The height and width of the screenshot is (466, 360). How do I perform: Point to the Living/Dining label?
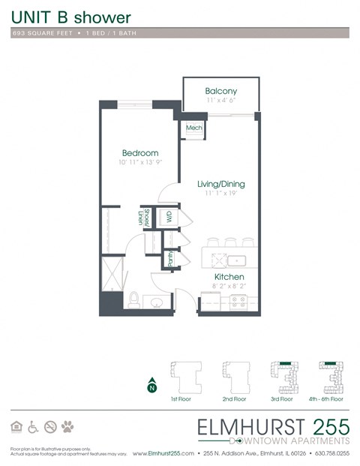coord(220,184)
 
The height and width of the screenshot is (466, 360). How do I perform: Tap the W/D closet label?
coord(169,217)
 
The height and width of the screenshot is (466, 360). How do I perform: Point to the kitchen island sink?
coord(238,260)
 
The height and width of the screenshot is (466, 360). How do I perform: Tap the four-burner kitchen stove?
coord(239,302)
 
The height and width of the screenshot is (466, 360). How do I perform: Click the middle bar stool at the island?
coord(232,242)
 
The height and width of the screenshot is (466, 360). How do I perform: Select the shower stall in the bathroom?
coord(112,272)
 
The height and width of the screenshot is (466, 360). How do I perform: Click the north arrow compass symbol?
coord(152,385)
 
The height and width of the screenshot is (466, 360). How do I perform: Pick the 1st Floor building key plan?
coord(184,374)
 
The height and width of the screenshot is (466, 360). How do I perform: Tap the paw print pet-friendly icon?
coord(68,427)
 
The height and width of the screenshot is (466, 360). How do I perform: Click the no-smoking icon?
coord(50,427)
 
